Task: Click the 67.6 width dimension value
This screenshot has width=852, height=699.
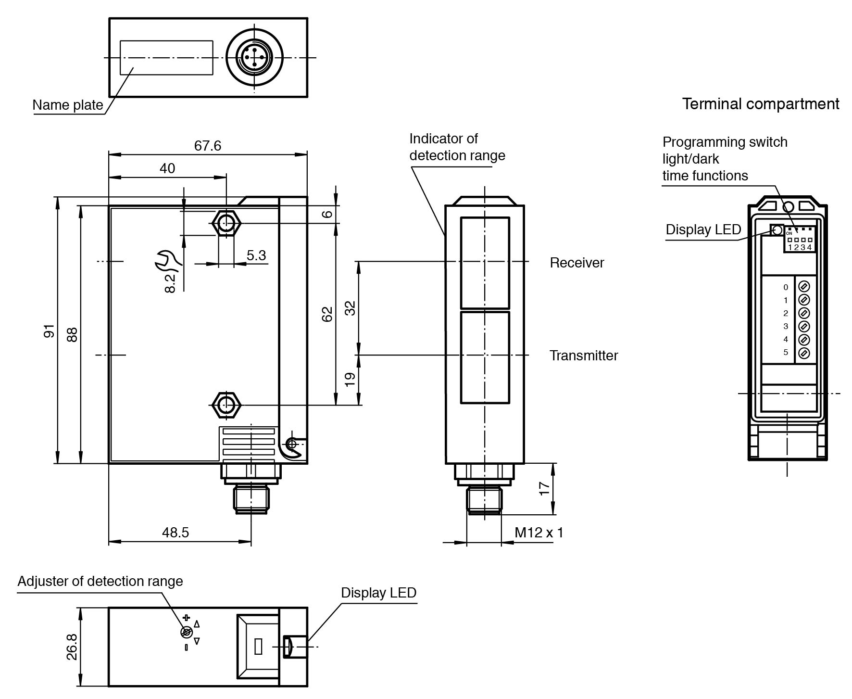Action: (208, 145)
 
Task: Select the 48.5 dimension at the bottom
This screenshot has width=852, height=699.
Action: (175, 532)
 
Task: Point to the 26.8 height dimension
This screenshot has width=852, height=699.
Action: (72, 647)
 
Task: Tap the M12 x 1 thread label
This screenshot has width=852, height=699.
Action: (539, 532)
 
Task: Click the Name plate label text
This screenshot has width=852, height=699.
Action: (68, 105)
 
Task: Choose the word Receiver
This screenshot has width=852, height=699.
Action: (576, 263)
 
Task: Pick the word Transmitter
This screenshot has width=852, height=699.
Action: (583, 356)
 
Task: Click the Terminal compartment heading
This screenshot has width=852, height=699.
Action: (761, 104)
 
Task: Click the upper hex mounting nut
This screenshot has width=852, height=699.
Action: (226, 223)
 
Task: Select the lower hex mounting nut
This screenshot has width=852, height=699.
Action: (226, 405)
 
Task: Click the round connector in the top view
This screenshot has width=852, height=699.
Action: (254, 58)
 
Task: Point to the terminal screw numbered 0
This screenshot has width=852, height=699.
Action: (803, 287)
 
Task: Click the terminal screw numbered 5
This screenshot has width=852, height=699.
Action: (803, 353)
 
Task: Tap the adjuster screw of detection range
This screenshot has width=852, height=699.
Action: (186, 632)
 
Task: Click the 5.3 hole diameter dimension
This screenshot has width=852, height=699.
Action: (256, 255)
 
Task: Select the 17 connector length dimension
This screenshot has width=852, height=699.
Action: (544, 488)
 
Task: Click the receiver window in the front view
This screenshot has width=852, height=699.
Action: (485, 263)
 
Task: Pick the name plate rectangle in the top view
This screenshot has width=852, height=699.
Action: (166, 58)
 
